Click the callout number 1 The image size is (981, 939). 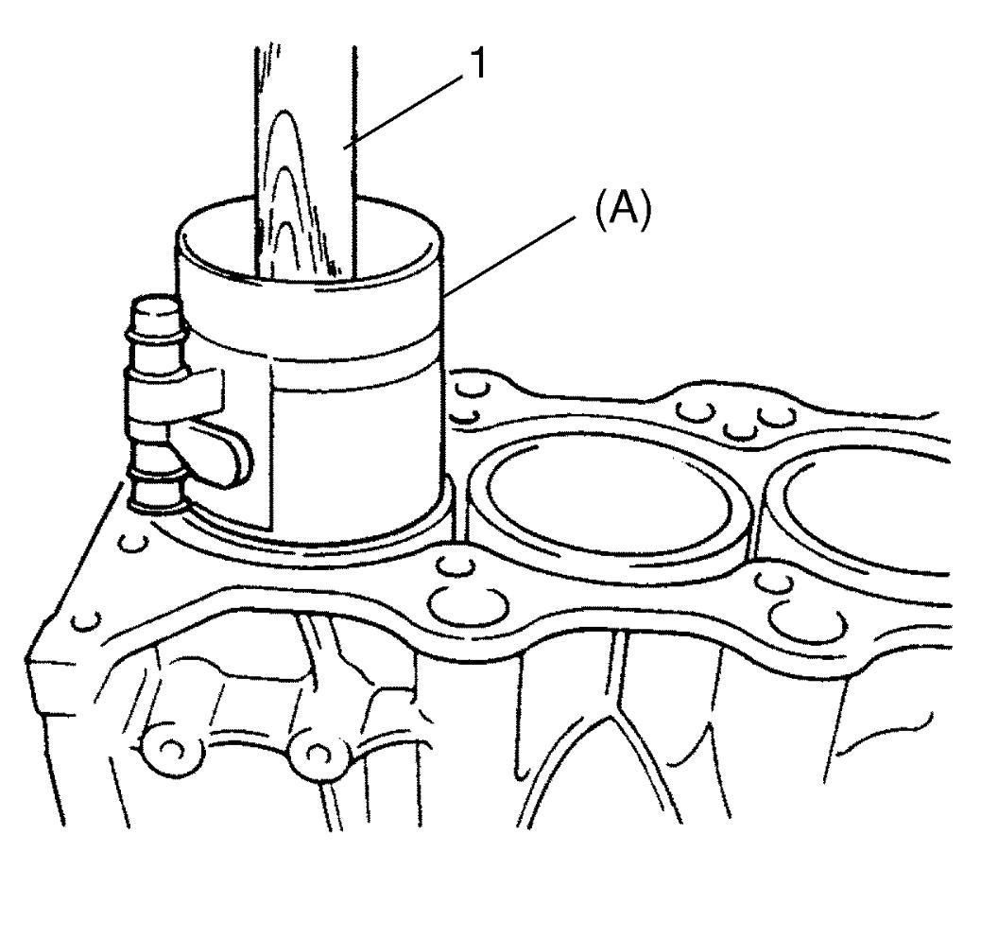pyautogui.click(x=478, y=64)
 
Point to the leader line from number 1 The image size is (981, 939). pyautogui.click(x=404, y=111)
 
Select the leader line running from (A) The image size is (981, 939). pyautogui.click(x=509, y=254)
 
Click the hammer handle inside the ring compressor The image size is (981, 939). pyautogui.click(x=306, y=163)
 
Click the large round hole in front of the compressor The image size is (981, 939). pyautogui.click(x=468, y=604)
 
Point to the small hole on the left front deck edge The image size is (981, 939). pyautogui.click(x=86, y=621)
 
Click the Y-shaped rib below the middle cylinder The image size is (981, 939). pyautogui.click(x=616, y=714)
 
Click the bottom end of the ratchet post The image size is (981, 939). pyautogui.click(x=156, y=501)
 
